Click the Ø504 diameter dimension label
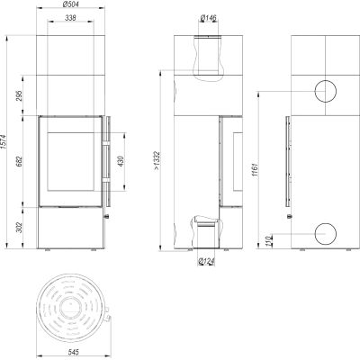tap(71, 4)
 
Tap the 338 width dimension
tap(70, 18)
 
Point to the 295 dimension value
tap(19, 95)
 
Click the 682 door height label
tap(19, 162)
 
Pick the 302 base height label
tap(19, 228)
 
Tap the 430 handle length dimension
tap(121, 161)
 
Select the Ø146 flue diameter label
tap(208, 18)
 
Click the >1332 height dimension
tap(157, 160)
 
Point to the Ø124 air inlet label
tap(207, 261)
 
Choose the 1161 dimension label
tap(256, 170)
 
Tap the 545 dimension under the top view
tap(74, 352)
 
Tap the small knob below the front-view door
tap(106, 216)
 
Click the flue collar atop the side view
tap(208, 37)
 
